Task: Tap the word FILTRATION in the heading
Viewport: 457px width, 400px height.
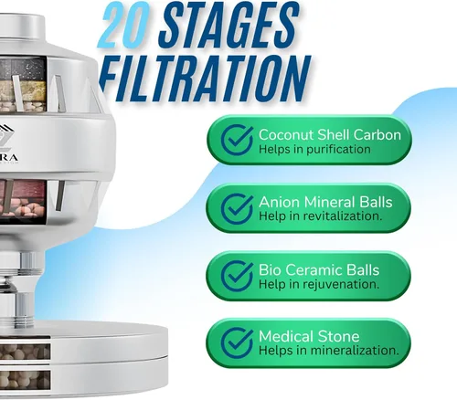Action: pyautogui.click(x=205, y=79)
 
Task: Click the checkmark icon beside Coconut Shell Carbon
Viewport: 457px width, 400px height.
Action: pyautogui.click(x=237, y=140)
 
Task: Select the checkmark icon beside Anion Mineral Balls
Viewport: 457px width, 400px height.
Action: pyautogui.click(x=237, y=208)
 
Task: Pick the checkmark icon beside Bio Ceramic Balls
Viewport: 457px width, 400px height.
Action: pyautogui.click(x=237, y=276)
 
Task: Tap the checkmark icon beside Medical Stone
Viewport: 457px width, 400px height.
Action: pyautogui.click(x=237, y=342)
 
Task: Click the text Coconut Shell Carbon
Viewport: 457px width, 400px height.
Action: pyautogui.click(x=330, y=135)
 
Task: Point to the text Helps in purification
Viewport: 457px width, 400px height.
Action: pyautogui.click(x=314, y=150)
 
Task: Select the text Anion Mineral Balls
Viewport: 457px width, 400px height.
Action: pyautogui.click(x=325, y=202)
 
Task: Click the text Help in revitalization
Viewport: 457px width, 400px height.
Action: pyautogui.click(x=320, y=216)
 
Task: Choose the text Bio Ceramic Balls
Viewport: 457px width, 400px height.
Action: pyautogui.click(x=319, y=269)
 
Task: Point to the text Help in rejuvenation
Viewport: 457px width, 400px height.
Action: pyautogui.click(x=319, y=284)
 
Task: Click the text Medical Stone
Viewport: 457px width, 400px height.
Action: pyautogui.click(x=309, y=336)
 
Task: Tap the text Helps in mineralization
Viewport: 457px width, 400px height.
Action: pyautogui.click(x=329, y=351)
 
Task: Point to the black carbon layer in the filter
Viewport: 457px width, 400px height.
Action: pyautogui.click(x=23, y=68)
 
